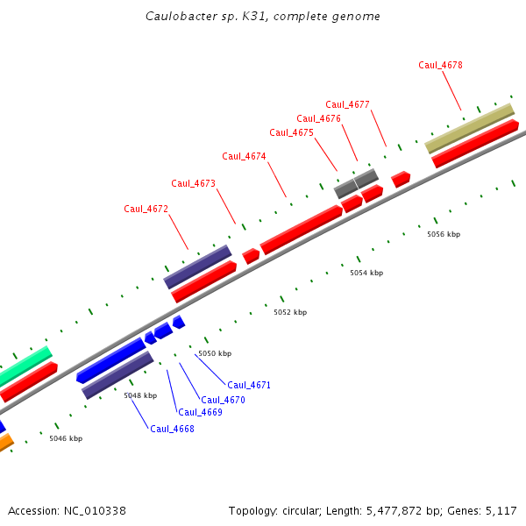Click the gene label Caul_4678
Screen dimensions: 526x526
(440, 65)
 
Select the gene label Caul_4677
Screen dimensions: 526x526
(347, 104)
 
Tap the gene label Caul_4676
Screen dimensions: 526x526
(318, 118)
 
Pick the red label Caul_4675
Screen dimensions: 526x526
(291, 132)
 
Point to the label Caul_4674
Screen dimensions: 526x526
(244, 156)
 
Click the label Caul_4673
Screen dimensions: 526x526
(193, 183)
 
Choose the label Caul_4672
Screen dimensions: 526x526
(146, 209)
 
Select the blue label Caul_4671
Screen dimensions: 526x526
(249, 385)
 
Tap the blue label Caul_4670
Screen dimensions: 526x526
(223, 400)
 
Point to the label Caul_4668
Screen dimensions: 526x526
(172, 429)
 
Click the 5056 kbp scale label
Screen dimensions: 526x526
(444, 234)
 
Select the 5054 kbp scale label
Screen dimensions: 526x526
(366, 274)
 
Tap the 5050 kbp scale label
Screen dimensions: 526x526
(215, 353)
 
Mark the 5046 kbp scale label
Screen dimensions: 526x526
(66, 438)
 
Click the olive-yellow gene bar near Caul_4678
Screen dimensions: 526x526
(469, 128)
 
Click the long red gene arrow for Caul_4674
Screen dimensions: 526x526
(301, 230)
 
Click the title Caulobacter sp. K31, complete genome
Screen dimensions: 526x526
(262, 16)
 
